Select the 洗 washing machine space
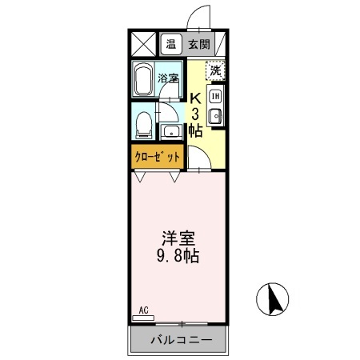click(215, 70)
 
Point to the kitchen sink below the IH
click(215, 117)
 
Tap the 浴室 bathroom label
click(168, 78)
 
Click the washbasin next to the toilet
click(170, 130)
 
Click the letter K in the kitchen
click(194, 98)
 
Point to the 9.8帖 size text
click(178, 257)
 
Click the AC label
click(143, 309)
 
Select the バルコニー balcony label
click(179, 340)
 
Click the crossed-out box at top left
click(144, 44)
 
